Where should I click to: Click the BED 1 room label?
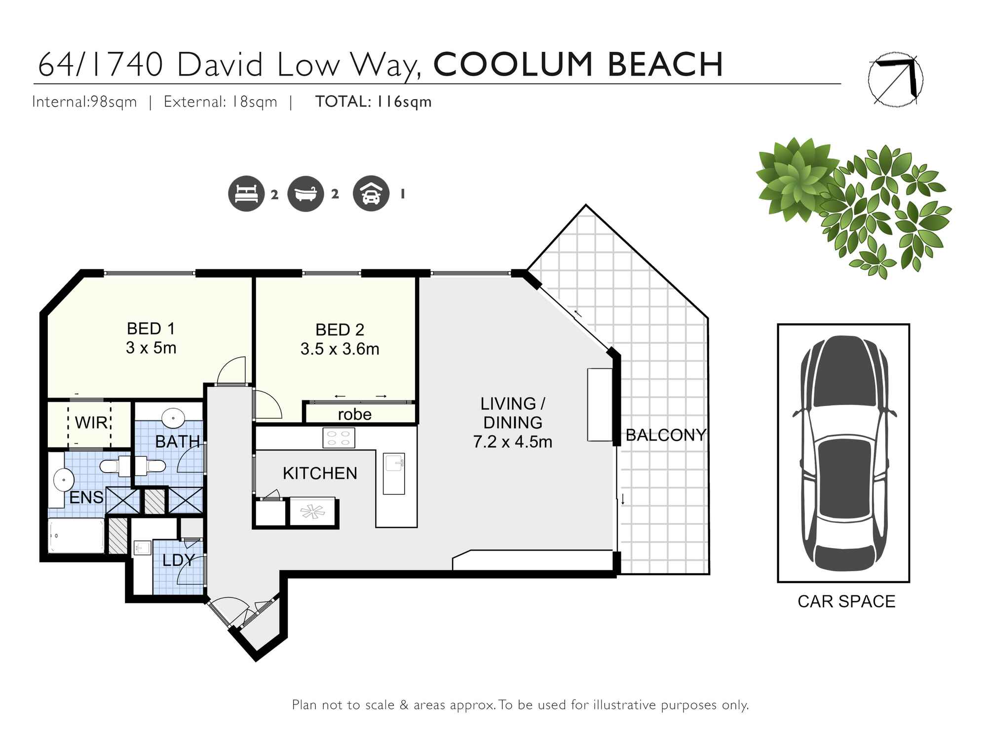point(151,329)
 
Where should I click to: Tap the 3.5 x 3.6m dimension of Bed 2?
point(340,349)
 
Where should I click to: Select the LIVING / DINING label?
point(512,413)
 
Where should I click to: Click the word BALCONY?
point(666,435)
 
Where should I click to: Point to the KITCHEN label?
point(320,473)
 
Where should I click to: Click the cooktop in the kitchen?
point(339,438)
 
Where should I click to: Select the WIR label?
point(91,422)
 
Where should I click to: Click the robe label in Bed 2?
point(354,414)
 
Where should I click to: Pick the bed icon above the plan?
point(246,194)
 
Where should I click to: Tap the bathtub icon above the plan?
point(305,194)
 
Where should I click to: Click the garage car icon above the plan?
point(371,194)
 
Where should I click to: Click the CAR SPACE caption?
point(846,601)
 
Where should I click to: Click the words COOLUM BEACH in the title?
point(578,65)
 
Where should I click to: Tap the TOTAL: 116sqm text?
point(374,102)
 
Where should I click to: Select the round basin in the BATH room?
point(174,418)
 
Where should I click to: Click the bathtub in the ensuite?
point(76,536)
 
